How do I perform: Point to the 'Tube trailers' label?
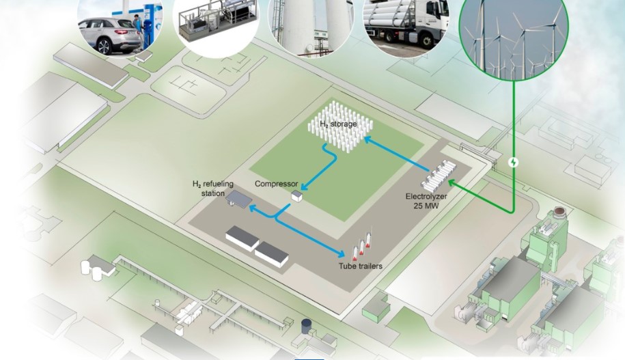tap(360, 266)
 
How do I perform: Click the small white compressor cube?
tap(297, 196)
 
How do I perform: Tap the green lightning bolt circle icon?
tap(514, 163)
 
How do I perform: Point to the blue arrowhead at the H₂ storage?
tap(366, 139)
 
